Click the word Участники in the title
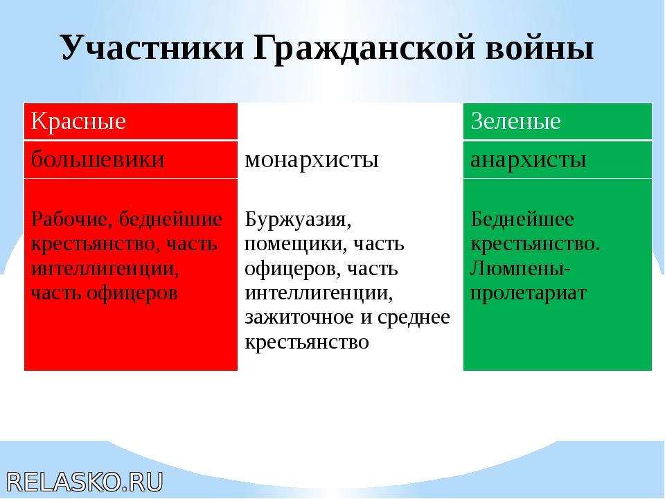[x=152, y=47]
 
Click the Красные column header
[x=78, y=121]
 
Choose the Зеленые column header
[x=515, y=121]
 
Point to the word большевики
[x=98, y=159]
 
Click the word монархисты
[x=312, y=160]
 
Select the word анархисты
[x=529, y=160]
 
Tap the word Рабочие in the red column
[x=71, y=220]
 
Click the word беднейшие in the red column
[x=170, y=220]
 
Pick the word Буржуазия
[x=298, y=220]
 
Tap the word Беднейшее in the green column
[x=522, y=220]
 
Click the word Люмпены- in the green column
[x=520, y=269]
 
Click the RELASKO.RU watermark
[x=85, y=482]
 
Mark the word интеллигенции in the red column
[x=105, y=270]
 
